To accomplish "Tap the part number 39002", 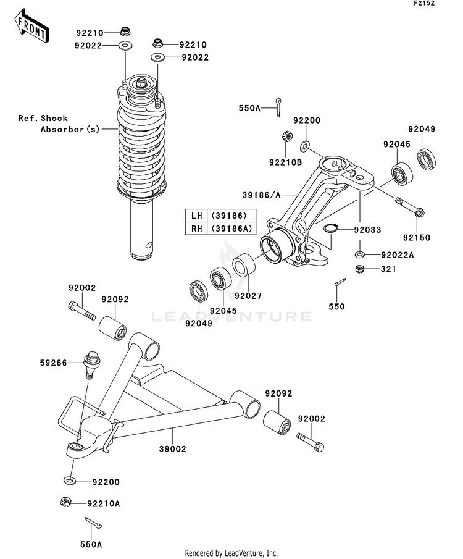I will point(173,449).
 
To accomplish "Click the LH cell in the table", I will point(196,216).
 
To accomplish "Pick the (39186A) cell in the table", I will point(228,229).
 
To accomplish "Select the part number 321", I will point(388,269).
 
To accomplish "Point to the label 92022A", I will point(398,255).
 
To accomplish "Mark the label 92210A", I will point(103,504).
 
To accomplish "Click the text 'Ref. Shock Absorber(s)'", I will point(59,124).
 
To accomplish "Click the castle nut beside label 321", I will point(359,269).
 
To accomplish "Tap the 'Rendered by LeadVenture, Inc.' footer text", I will point(231,553).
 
